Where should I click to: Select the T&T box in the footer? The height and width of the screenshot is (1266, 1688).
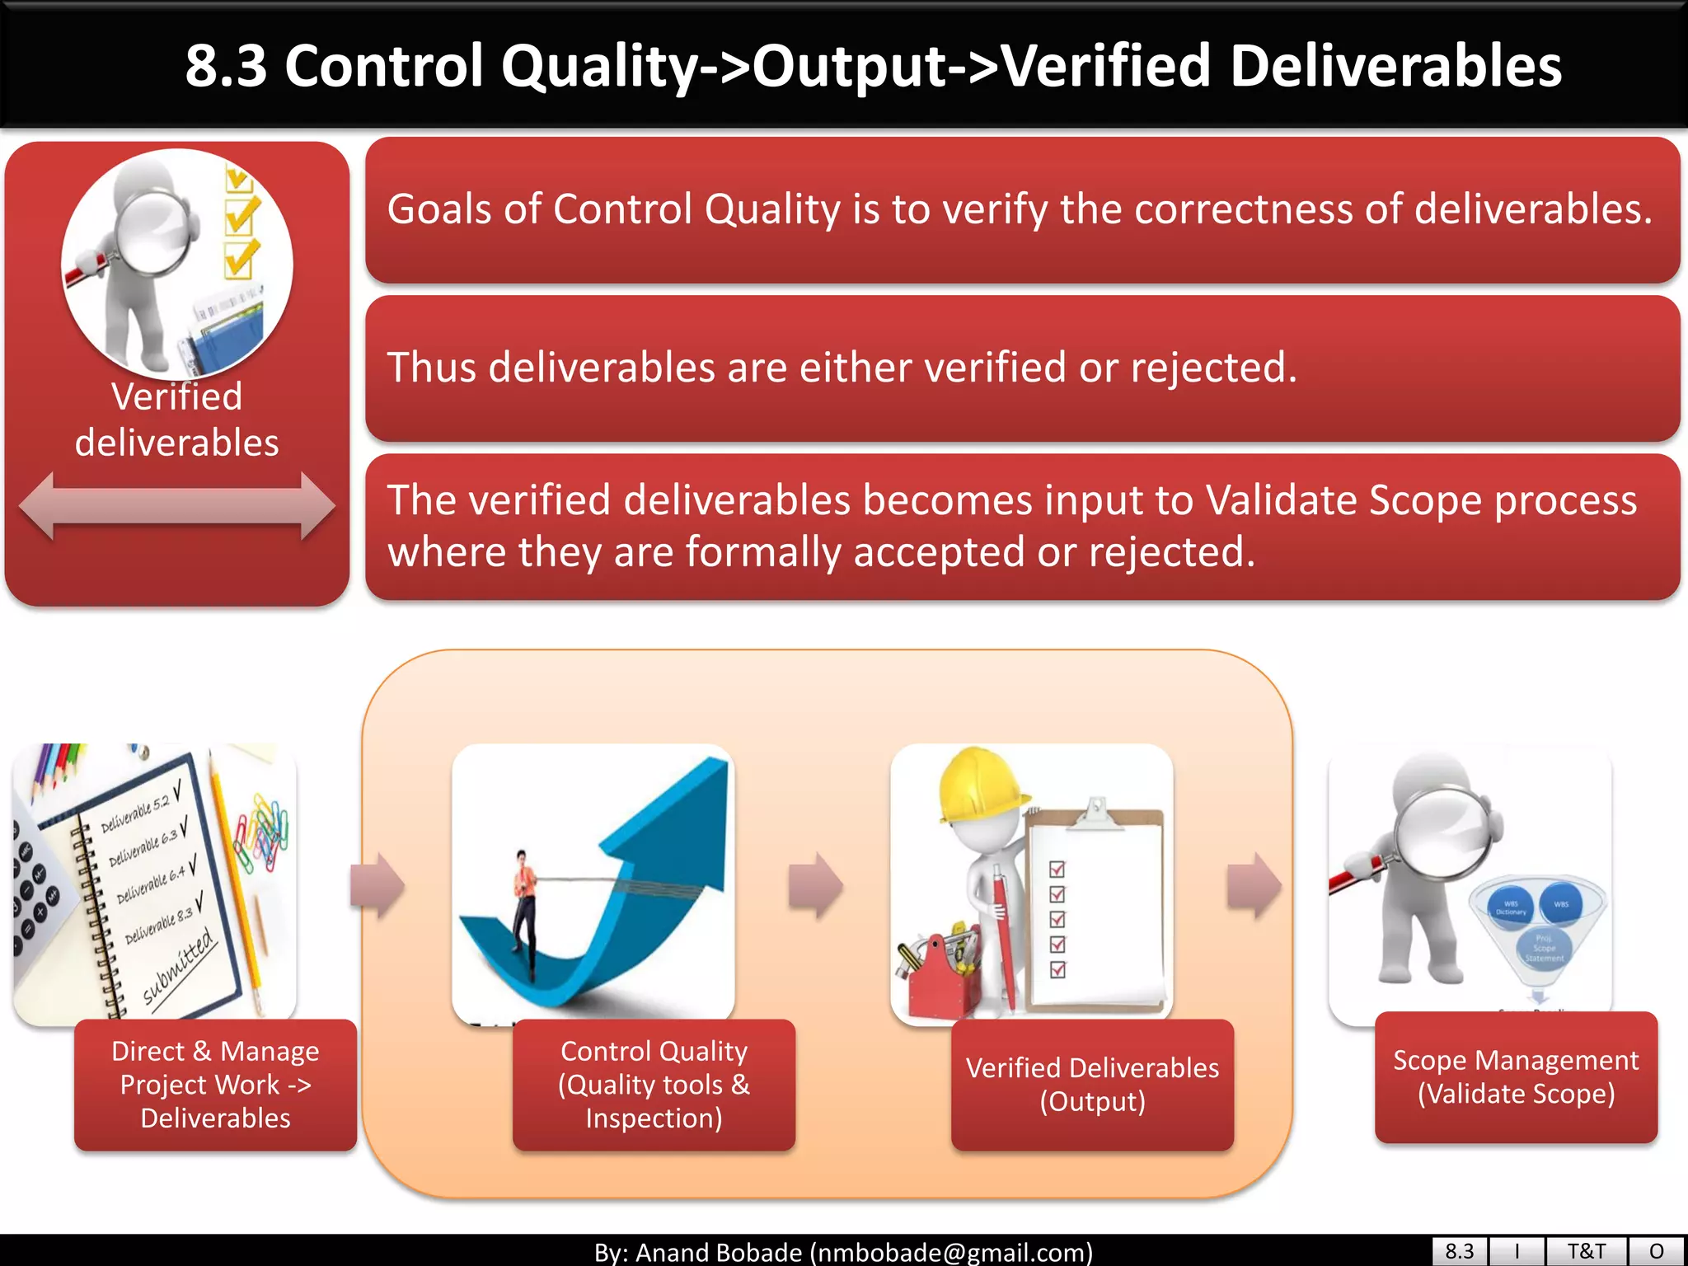[1586, 1251]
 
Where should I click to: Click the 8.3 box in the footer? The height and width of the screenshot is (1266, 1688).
[1459, 1251]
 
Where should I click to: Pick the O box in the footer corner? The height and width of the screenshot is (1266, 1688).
[1656, 1251]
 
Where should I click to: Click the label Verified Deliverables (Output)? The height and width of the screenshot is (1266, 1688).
[1092, 1084]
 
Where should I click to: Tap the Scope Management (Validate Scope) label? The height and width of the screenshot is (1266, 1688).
[1516, 1076]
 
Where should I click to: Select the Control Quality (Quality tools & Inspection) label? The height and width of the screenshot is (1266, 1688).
[654, 1084]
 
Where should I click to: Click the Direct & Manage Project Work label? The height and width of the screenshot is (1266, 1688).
[215, 1084]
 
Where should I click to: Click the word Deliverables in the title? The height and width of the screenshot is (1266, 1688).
[1395, 66]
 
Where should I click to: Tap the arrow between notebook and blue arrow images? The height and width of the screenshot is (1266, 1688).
[377, 886]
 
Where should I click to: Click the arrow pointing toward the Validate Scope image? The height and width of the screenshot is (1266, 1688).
[1254, 886]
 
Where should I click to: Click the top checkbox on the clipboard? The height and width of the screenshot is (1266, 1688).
[1057, 869]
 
